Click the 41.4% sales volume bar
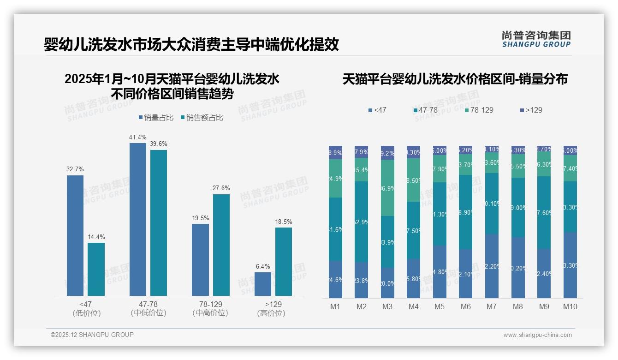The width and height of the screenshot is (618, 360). (x=138, y=219)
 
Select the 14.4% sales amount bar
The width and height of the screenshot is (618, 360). (x=96, y=269)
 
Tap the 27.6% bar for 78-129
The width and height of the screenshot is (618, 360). (x=221, y=245)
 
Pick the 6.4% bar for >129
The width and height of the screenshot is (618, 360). (x=263, y=284)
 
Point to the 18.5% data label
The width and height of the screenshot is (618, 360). (x=284, y=222)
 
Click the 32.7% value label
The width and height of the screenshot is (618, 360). (x=75, y=169)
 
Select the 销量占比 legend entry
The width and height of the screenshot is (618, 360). (x=156, y=118)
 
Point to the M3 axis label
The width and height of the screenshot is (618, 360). (x=387, y=306)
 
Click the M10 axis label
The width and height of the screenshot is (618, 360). (x=570, y=306)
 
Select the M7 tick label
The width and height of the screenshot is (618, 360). (x=492, y=306)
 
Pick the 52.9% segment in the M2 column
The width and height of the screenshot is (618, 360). (x=362, y=222)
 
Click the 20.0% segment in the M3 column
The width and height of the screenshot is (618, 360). (x=387, y=283)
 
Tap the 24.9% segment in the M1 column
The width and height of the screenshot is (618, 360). (x=335, y=179)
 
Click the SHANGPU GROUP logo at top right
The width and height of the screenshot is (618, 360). (x=536, y=39)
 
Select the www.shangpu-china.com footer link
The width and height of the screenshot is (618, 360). (x=537, y=335)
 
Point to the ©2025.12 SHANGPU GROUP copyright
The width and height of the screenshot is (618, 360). (x=92, y=335)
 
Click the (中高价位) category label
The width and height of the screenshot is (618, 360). (x=210, y=313)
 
